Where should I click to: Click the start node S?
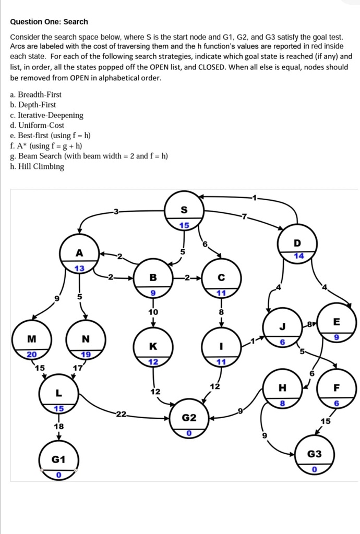pos(184,211)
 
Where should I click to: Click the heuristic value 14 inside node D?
pos(298,256)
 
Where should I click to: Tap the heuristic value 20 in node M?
pos(32,354)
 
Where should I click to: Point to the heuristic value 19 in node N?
pos(86,354)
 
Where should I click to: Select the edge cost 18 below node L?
pos(59,427)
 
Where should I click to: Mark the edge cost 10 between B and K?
pos(153,312)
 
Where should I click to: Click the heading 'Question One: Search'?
pos(49,21)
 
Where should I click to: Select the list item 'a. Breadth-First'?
pos(35,94)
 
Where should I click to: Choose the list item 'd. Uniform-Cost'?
pos(37,125)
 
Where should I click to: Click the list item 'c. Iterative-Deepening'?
pos(46,115)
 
